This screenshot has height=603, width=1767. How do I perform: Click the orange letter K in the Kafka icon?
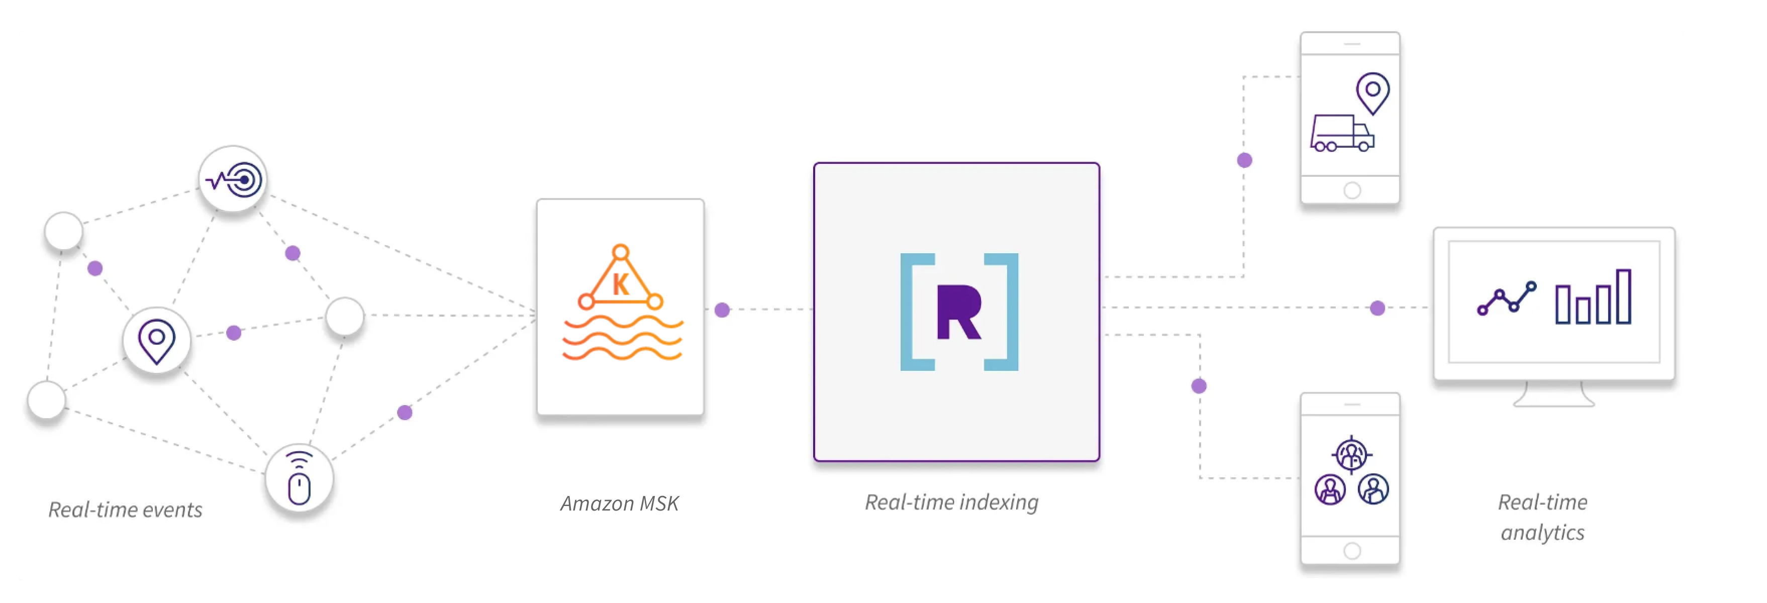point(620,284)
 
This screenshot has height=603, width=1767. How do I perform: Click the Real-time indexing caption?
point(951,502)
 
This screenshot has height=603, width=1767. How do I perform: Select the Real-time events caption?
point(125,510)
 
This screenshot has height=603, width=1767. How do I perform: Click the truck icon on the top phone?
point(1341,133)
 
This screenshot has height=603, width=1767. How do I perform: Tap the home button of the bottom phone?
point(1351,551)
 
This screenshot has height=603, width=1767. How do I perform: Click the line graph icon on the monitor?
point(1506,299)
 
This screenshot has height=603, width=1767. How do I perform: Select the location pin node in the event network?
point(156,341)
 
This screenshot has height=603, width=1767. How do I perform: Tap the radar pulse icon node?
point(233,180)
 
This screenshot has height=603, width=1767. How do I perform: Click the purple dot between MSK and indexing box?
point(722,310)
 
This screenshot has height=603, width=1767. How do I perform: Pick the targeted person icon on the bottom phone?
point(1351,453)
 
